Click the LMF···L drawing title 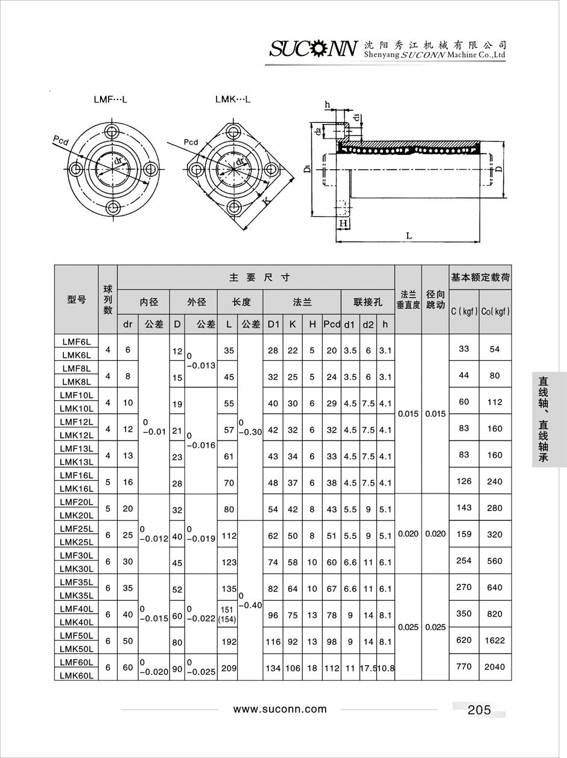110,99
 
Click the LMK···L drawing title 233,99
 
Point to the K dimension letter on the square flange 266,201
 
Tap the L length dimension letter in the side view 409,236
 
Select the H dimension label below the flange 343,224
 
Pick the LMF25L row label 77,528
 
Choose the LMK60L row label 77,675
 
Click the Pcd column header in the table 332,324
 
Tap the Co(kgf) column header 495,312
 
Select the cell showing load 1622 495,641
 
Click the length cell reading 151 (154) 227,615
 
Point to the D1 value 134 273,668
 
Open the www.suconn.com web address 280,709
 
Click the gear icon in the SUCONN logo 318,49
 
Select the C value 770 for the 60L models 464,666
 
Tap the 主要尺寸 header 259,278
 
